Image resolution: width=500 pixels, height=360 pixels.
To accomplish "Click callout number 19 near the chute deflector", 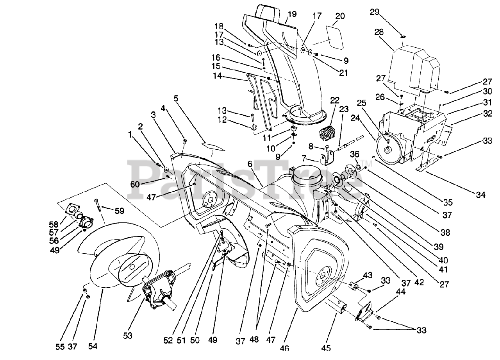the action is pos(292,14).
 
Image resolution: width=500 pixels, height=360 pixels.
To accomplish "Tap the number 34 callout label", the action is pos(480,195).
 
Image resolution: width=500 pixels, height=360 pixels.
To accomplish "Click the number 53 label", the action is pos(127,335).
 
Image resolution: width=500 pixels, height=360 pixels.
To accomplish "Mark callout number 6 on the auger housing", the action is pos(250,165).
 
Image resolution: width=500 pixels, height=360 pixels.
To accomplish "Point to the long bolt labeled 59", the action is pos(98,205).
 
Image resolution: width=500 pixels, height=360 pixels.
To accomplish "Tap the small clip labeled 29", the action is pos(403,37).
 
